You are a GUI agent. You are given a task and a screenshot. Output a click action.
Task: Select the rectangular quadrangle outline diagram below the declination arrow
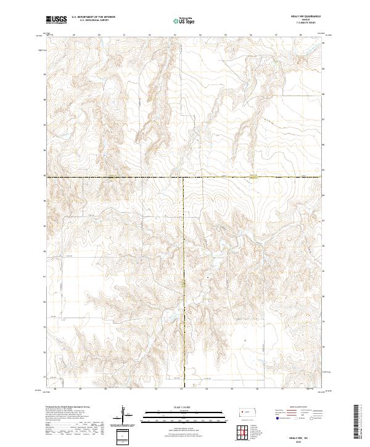(123, 435)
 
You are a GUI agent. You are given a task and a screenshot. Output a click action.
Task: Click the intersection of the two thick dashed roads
(182, 178)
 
